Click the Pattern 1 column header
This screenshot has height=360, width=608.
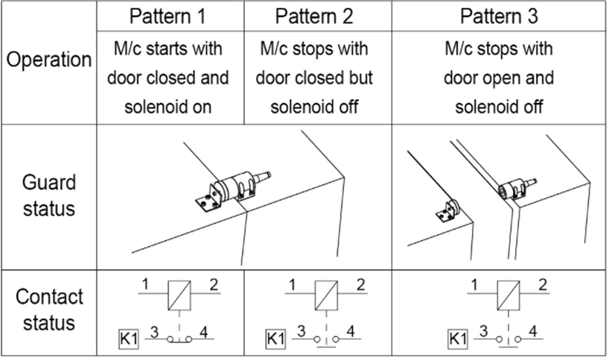[x=168, y=16]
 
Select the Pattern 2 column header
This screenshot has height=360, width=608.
[x=315, y=16]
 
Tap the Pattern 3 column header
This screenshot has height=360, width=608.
[x=499, y=16]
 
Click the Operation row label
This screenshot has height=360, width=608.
[x=49, y=60]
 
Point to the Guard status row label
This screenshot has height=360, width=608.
[x=49, y=195]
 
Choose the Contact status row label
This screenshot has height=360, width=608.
[x=49, y=309]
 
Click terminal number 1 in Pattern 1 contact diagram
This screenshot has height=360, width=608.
[x=145, y=285]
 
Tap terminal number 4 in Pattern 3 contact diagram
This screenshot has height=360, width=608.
[x=533, y=332]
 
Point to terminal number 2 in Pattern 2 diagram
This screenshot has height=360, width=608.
[x=360, y=285]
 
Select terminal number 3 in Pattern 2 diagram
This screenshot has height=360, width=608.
[x=301, y=332]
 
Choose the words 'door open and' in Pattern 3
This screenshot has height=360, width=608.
[x=499, y=78]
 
